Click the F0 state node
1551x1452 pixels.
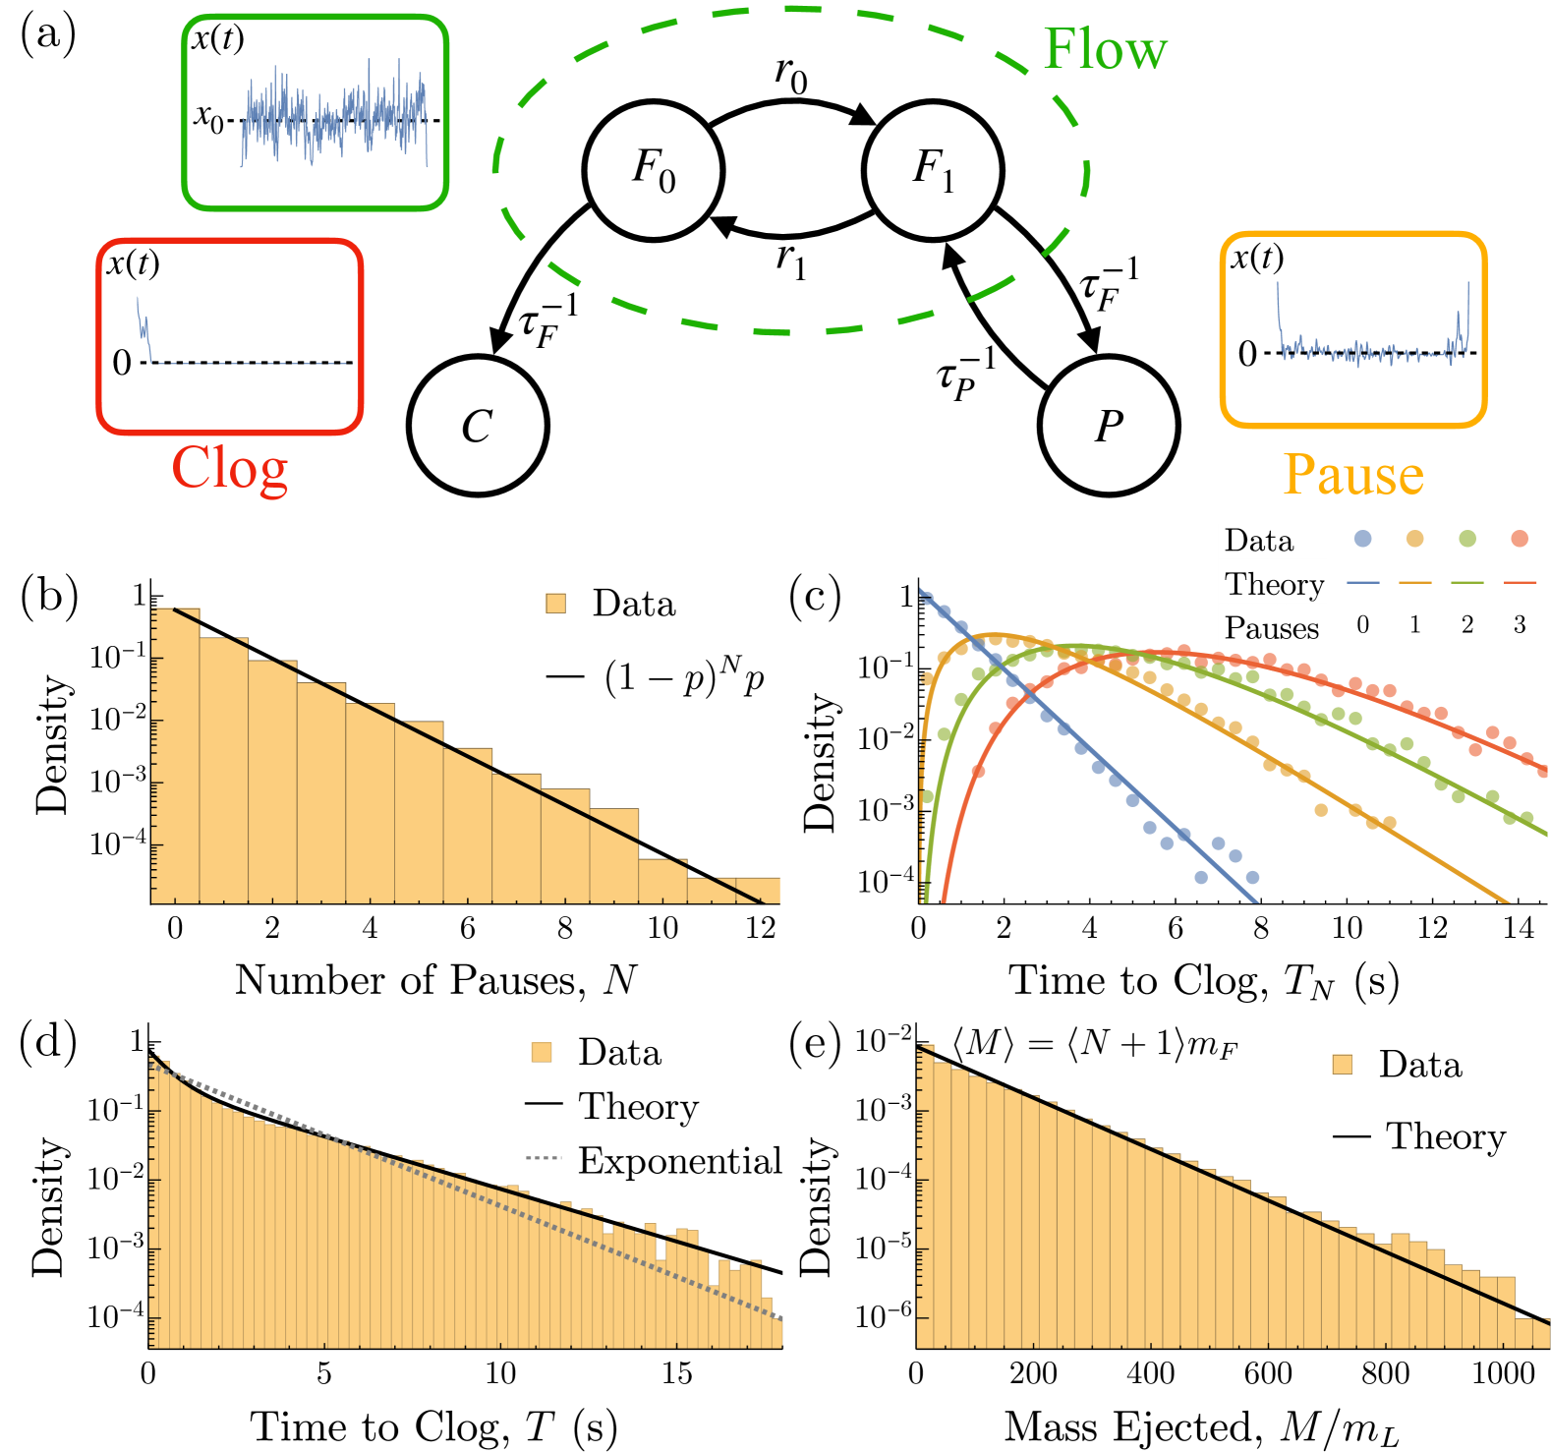click(654, 170)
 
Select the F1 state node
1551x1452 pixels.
click(933, 170)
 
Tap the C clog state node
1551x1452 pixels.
click(478, 426)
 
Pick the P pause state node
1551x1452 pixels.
click(1109, 426)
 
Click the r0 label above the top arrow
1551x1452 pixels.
click(790, 75)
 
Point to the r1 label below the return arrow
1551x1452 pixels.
click(790, 261)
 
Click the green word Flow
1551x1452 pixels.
click(1105, 49)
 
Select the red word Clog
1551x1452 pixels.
click(230, 469)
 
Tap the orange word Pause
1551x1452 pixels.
click(1352, 475)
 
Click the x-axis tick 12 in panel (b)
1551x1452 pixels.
click(760, 927)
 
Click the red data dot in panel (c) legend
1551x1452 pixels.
click(1520, 538)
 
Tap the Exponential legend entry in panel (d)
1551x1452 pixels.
click(678, 1161)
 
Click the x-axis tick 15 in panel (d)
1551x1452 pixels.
click(676, 1372)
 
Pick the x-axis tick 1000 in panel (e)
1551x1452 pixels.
click(1503, 1372)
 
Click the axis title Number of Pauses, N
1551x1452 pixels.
click(435, 980)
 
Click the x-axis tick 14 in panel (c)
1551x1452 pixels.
click(1519, 927)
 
